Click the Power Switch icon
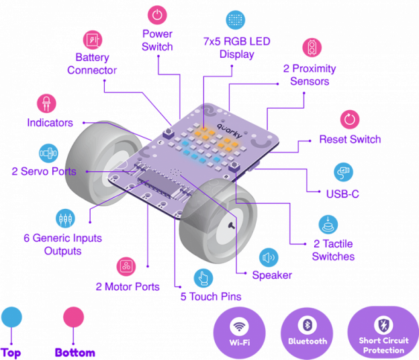(x=156, y=13)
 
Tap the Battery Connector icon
(x=93, y=40)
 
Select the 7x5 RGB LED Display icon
(x=234, y=19)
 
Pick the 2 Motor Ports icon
(x=126, y=267)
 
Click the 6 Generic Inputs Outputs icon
(x=64, y=218)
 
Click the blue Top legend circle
(x=11, y=317)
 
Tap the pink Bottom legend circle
(x=73, y=318)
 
